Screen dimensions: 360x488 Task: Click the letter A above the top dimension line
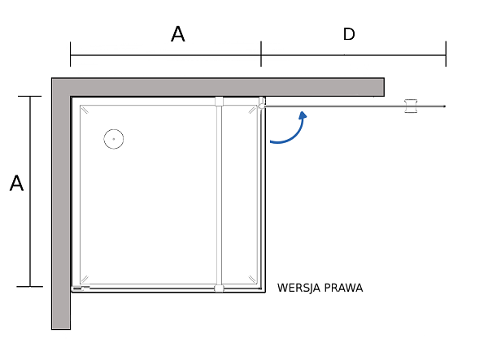[x=177, y=34]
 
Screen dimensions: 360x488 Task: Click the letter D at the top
[x=349, y=34]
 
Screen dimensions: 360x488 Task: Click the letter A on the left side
[x=16, y=184]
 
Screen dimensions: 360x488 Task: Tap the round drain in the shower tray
[x=114, y=139]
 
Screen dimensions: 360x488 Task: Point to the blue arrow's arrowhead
[x=303, y=115]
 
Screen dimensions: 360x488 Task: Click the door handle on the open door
[x=412, y=106]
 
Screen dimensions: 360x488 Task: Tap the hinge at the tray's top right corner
[x=262, y=102]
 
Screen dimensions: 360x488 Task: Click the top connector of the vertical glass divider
[x=219, y=102]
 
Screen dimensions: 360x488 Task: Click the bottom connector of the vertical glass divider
[x=219, y=288]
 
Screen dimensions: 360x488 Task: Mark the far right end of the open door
[x=444, y=106]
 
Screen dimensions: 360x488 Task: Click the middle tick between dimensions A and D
[x=261, y=54]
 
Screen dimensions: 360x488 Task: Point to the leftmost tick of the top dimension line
[x=71, y=54]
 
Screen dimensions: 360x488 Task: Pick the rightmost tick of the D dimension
[x=446, y=54]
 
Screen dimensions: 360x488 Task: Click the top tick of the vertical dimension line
[x=30, y=96]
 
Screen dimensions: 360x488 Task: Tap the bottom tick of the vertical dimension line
[x=30, y=286]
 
